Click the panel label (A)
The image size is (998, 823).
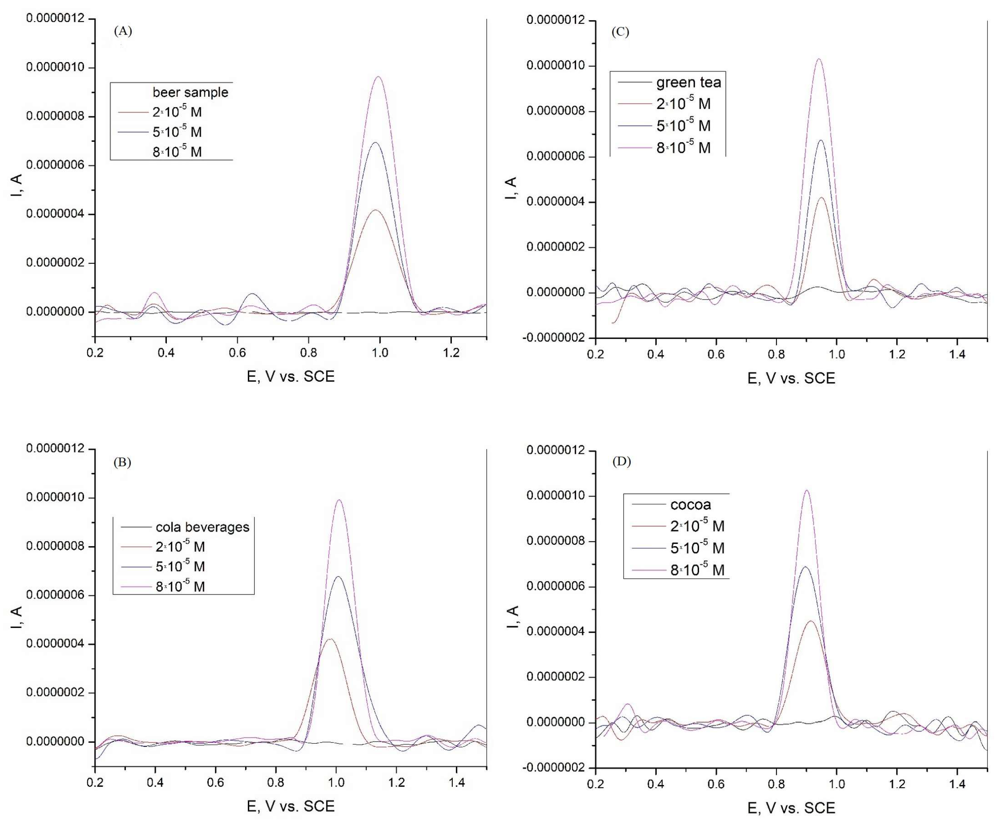pos(123,31)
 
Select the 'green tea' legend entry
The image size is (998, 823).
pos(688,83)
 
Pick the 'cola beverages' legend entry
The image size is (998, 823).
pos(202,527)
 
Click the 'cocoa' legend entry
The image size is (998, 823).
pos(690,504)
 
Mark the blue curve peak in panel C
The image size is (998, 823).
pos(821,140)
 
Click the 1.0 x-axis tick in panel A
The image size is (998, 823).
pos(380,352)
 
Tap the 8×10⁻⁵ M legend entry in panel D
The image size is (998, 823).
pos(697,570)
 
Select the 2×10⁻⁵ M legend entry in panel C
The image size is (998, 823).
pos(683,103)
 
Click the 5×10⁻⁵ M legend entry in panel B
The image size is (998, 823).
pos(180,566)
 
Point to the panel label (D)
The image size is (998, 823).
pos(622,461)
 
